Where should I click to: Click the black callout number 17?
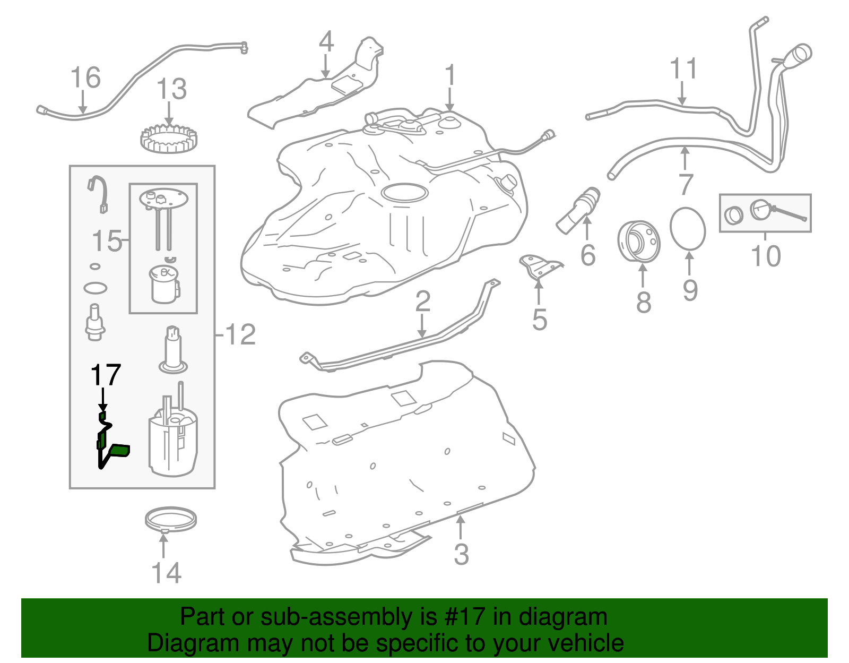point(106,375)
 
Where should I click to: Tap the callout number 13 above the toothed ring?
point(171,89)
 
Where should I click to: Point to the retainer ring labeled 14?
point(170,519)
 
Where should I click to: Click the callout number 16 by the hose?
point(85,78)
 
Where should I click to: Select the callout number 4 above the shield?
point(326,42)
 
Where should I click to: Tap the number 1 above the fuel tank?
point(450,75)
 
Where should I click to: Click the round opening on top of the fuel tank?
point(404,192)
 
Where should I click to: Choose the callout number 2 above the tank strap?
point(422,302)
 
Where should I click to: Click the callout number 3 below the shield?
point(461,554)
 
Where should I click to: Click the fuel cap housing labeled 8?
point(639,242)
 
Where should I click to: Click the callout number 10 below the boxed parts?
point(766,256)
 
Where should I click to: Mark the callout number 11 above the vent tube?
point(683,69)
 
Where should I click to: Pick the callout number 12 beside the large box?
point(240,335)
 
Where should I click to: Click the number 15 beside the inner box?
point(107,242)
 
